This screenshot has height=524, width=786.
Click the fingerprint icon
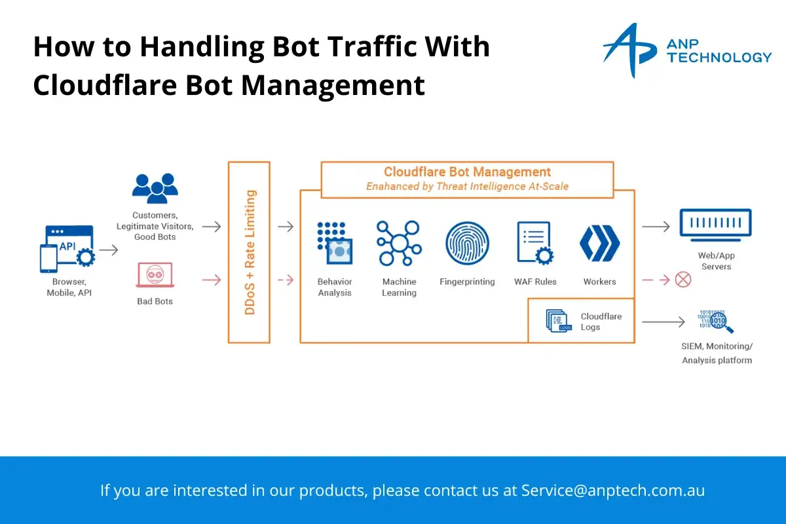pyautogui.click(x=467, y=243)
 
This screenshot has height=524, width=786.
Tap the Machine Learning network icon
pyautogui.click(x=399, y=243)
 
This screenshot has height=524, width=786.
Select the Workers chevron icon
pyautogui.click(x=600, y=243)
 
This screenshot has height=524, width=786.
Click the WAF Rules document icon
pyautogui.click(x=534, y=243)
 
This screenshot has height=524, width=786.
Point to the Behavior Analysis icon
pyautogui.click(x=335, y=243)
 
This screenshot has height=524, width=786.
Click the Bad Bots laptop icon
pyautogui.click(x=155, y=275)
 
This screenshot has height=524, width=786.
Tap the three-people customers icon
pyautogui.click(x=155, y=188)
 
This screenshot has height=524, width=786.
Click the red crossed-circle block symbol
pyautogui.click(x=683, y=280)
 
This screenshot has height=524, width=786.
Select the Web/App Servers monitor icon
pyautogui.click(x=715, y=225)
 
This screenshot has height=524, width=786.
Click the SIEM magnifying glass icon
pyautogui.click(x=716, y=322)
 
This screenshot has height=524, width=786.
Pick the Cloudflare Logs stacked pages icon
pyautogui.click(x=559, y=320)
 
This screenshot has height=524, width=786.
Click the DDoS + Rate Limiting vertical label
pyautogui.click(x=250, y=252)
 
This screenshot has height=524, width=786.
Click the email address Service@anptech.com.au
pyautogui.click(x=613, y=491)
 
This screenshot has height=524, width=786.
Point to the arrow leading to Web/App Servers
pyautogui.click(x=656, y=227)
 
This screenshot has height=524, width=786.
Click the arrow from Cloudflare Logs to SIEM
pyautogui.click(x=663, y=322)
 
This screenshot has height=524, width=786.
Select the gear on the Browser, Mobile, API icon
pyautogui.click(x=86, y=257)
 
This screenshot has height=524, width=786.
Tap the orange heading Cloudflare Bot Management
pyautogui.click(x=467, y=172)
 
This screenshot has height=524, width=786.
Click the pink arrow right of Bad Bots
pyautogui.click(x=212, y=280)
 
